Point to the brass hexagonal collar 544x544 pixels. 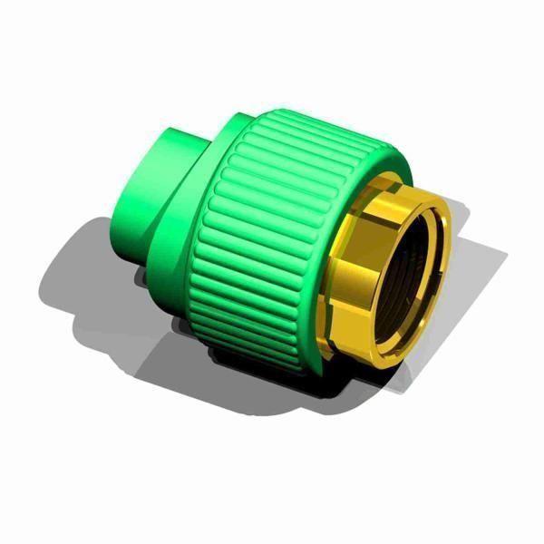coord(349,272)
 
